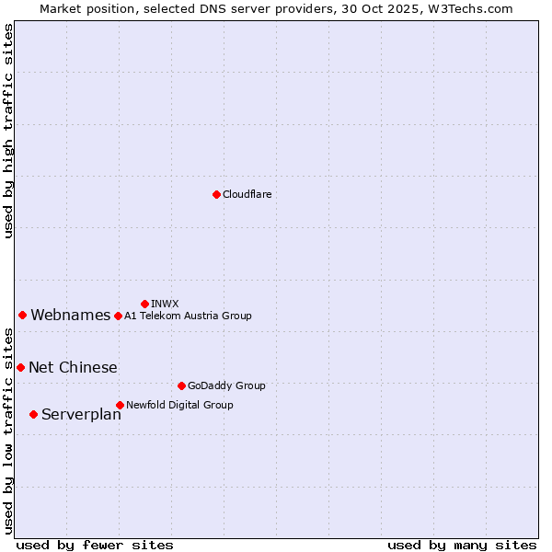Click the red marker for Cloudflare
coord(216,194)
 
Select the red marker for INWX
coord(144,304)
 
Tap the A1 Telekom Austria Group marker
coord(118,316)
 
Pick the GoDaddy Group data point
coord(181,385)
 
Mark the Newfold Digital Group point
coord(120,405)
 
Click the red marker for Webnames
coord(22,315)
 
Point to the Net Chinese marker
coord(20,367)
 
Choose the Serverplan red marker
coord(33,414)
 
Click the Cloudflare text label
coord(247,194)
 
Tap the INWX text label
coord(165,304)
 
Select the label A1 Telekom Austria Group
coord(188,316)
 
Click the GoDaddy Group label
coord(226,385)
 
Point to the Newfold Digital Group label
coord(179,405)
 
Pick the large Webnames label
coord(70,316)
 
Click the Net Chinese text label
coord(73,368)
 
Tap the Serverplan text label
coord(81,415)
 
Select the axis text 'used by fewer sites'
coord(95,545)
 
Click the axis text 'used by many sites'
coord(462,545)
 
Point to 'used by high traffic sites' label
coord(9,131)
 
